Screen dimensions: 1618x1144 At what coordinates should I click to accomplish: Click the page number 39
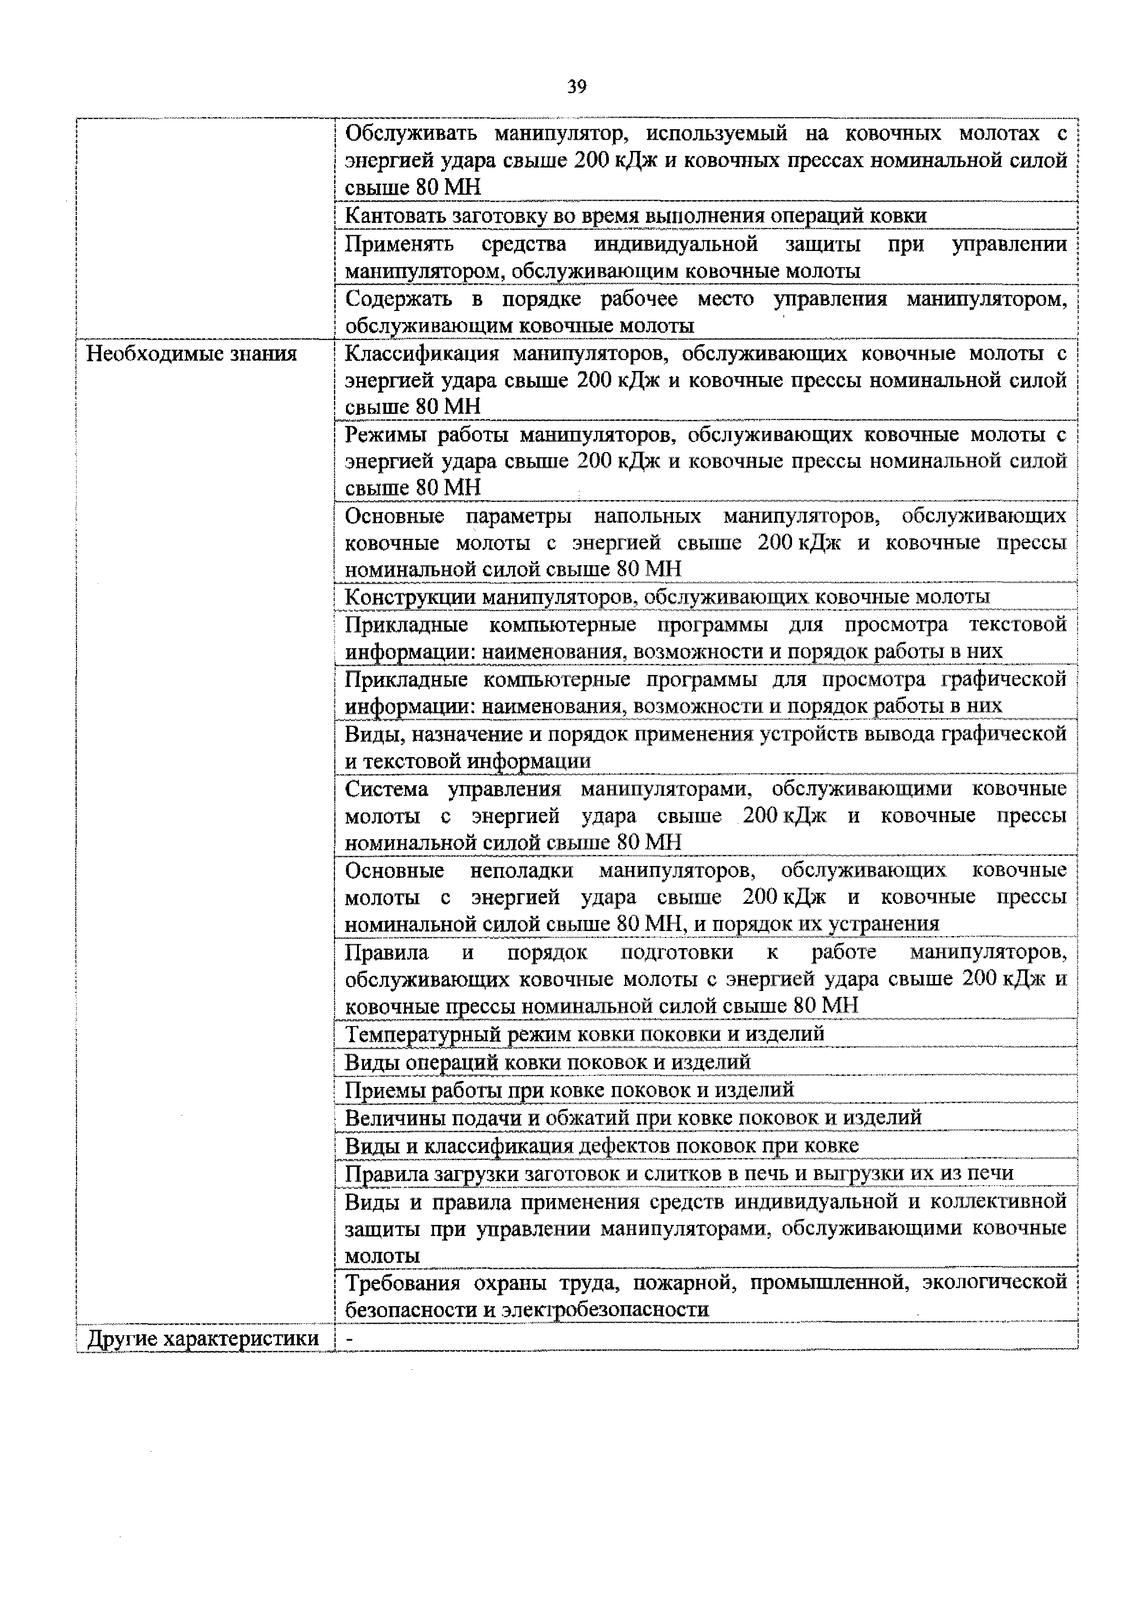tap(576, 87)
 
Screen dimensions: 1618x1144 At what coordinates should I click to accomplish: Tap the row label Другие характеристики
tap(203, 1338)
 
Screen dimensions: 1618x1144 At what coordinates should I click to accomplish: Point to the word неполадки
tap(521, 870)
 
